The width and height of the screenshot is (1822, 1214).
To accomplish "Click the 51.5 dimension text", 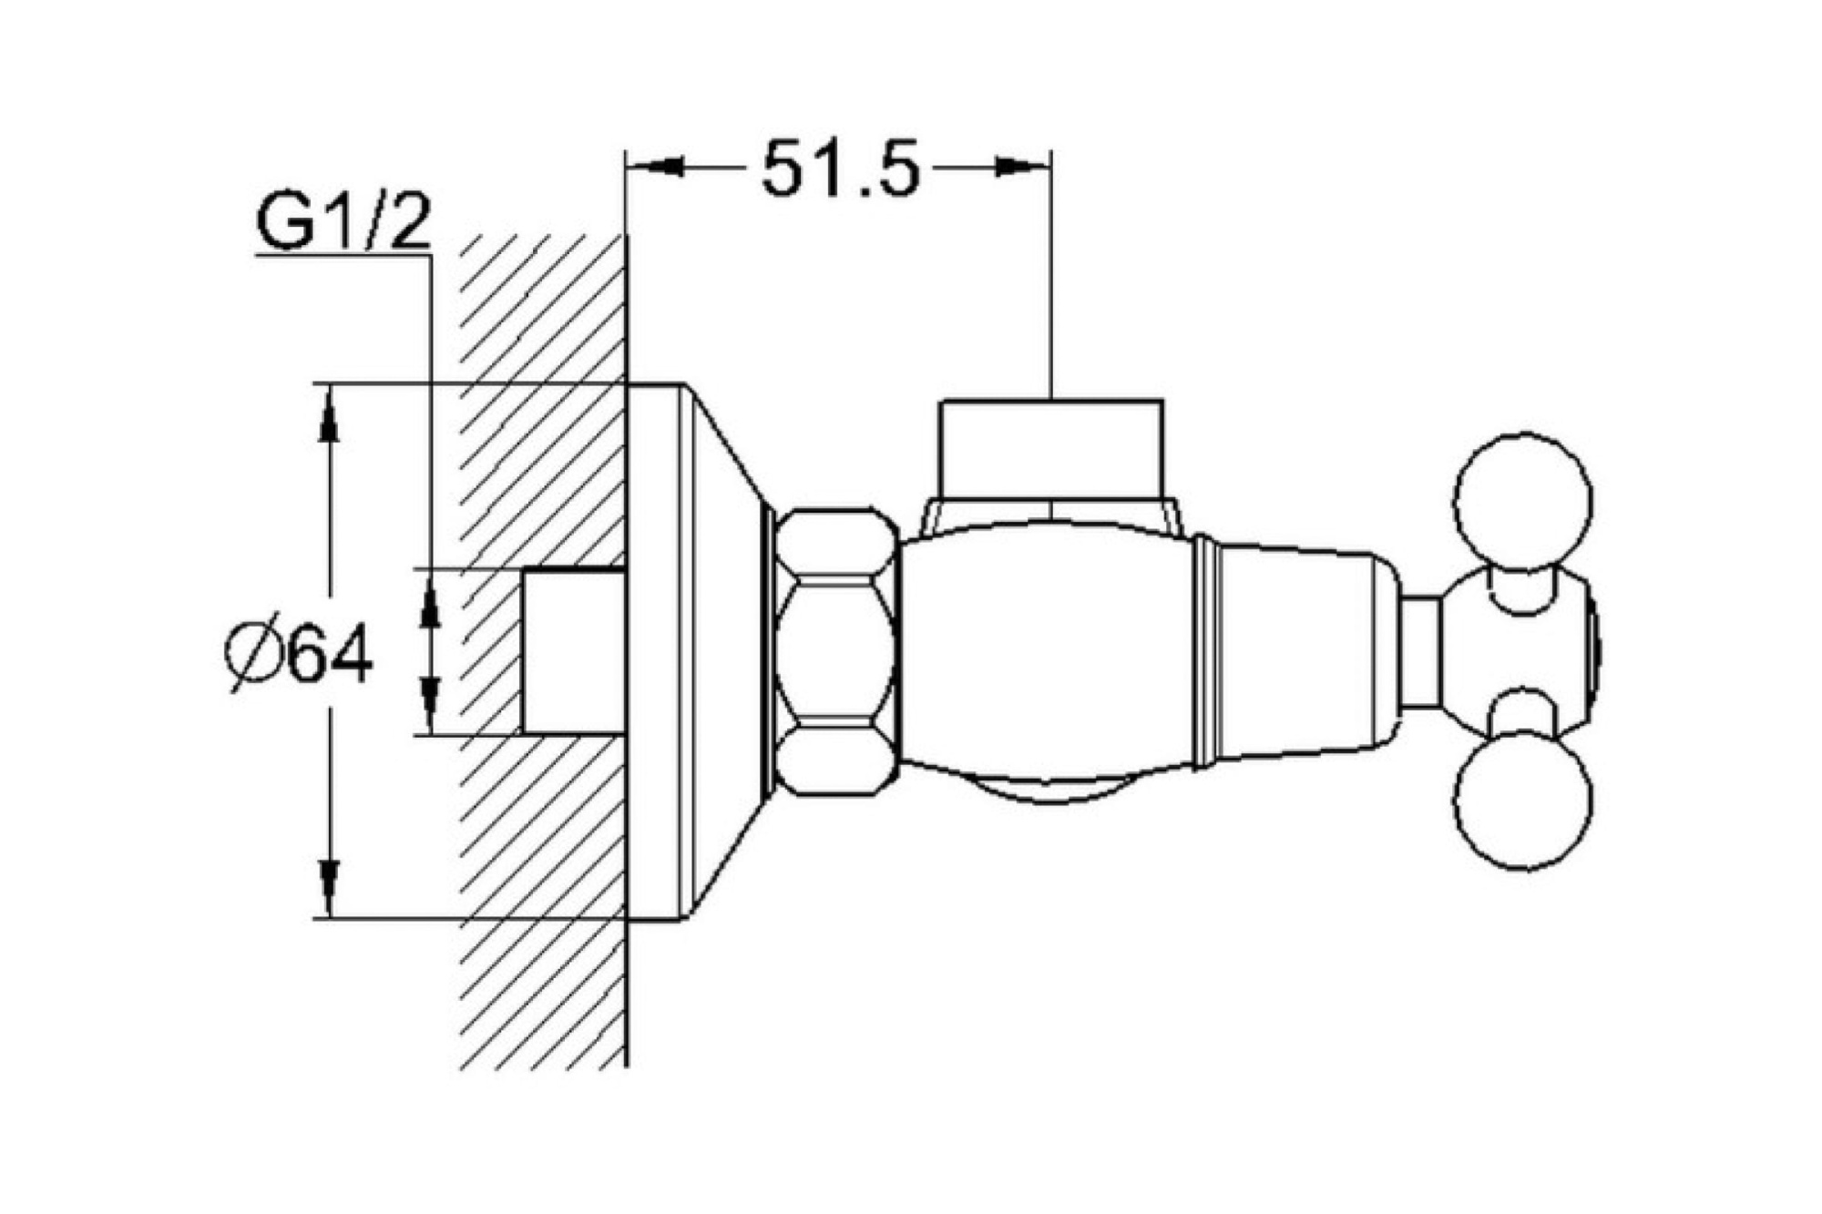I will click(x=840, y=169).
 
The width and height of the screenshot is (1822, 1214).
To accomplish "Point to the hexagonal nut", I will click(x=838, y=652).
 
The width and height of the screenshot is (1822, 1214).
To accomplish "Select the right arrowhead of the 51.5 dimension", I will click(x=1022, y=167).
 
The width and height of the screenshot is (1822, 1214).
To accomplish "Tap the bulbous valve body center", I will click(x=1048, y=652).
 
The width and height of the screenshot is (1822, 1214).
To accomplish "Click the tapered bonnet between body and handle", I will click(x=1294, y=652).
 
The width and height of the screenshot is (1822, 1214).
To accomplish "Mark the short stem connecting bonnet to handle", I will click(x=1419, y=652).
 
